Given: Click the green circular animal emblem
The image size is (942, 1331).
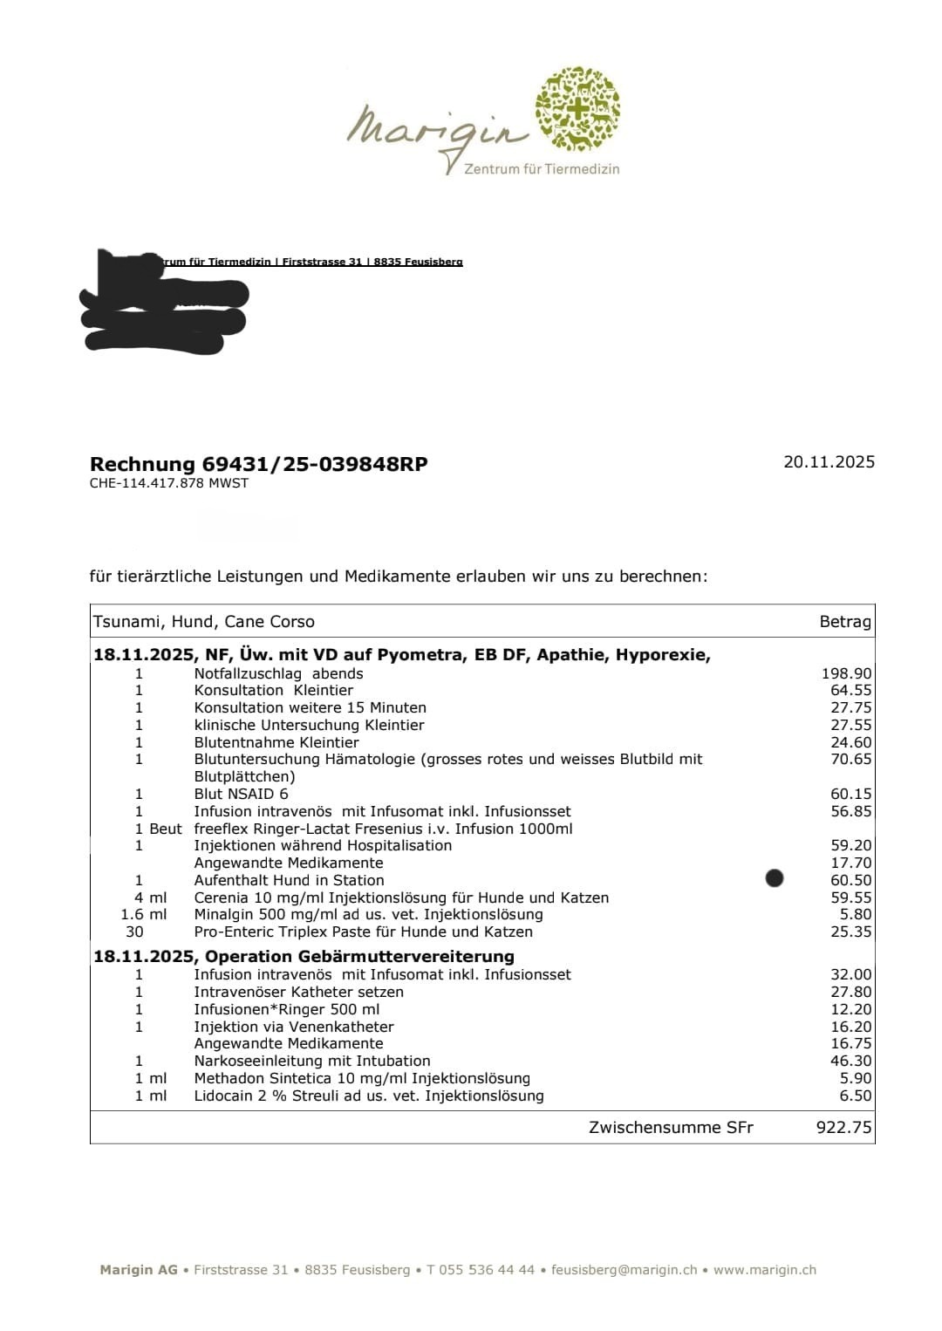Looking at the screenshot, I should coord(577,107).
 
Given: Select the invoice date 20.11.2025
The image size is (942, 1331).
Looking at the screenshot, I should coord(828,462).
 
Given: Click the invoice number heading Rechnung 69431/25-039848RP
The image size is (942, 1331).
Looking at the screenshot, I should coord(258,464).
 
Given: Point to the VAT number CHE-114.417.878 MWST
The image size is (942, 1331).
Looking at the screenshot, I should coord(168,483).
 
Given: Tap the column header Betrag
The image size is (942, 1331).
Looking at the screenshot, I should coord(844,622).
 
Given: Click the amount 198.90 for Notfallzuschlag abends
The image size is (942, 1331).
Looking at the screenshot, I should coord(846,673).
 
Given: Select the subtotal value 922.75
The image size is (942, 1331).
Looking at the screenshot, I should coord(843,1127).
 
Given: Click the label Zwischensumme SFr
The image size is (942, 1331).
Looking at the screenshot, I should coord(670,1127).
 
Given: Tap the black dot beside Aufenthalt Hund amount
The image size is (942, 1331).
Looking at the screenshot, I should coord(774,877).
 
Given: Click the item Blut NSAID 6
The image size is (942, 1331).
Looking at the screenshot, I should coord(241,794).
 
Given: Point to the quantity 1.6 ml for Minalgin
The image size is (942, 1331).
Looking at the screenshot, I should coord(143,914).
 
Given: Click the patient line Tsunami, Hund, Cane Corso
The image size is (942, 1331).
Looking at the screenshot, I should coord(203,622).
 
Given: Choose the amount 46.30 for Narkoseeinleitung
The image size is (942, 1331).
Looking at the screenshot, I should coord(850,1061).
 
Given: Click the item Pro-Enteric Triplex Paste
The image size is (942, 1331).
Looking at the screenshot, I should coord(363,932).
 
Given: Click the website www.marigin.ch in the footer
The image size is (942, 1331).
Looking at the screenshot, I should coord(764,1270).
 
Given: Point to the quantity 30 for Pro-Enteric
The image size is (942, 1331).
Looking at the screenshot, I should coord(134,932).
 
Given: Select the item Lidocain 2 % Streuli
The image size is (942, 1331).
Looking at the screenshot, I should coord(368,1096).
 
